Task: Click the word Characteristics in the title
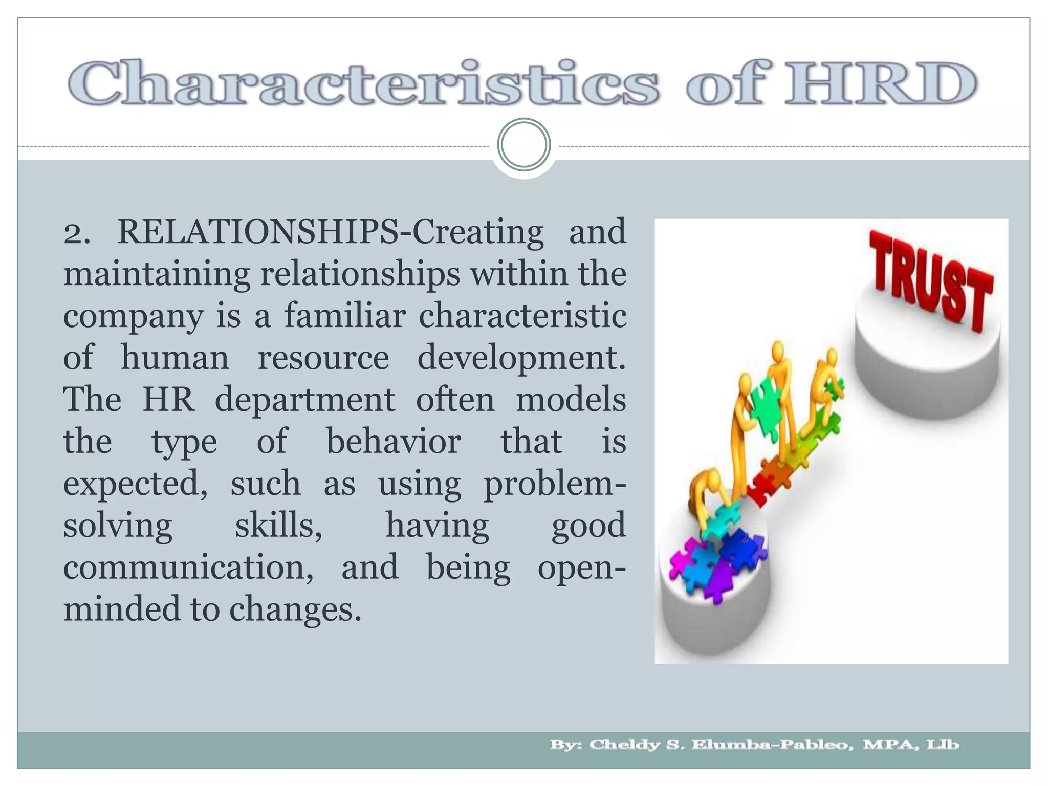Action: tap(363, 83)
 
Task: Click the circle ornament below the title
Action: tap(523, 145)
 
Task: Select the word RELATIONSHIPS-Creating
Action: tap(330, 232)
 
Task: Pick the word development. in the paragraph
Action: tap(521, 358)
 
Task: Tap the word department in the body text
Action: tap(305, 400)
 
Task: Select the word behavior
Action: tap(394, 442)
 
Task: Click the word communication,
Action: tap(188, 567)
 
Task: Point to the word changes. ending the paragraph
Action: tap(295, 609)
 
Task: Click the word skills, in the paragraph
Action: tap(279, 526)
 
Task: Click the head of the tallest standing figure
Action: tap(778, 351)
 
